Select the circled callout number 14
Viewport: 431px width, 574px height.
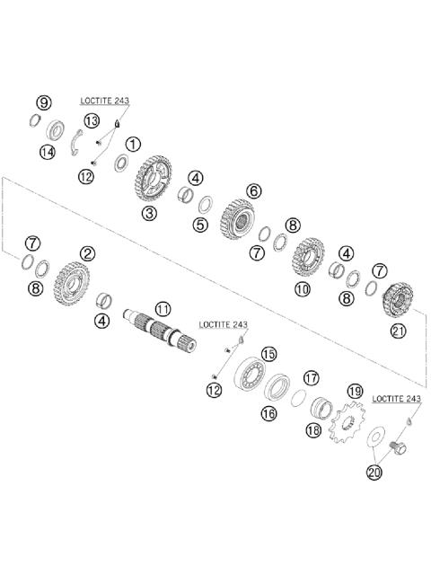tap(47, 153)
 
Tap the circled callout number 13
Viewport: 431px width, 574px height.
tap(92, 120)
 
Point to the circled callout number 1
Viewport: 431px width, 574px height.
tap(133, 144)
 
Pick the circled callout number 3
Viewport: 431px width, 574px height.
tap(148, 213)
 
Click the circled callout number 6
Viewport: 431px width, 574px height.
tap(253, 190)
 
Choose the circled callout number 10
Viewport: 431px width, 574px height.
tap(302, 288)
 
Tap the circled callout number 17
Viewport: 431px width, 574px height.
tap(311, 378)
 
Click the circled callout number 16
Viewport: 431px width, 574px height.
tap(268, 412)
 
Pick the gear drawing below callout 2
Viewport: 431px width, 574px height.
tap(69, 282)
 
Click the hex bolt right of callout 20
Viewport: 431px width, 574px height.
tap(399, 443)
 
